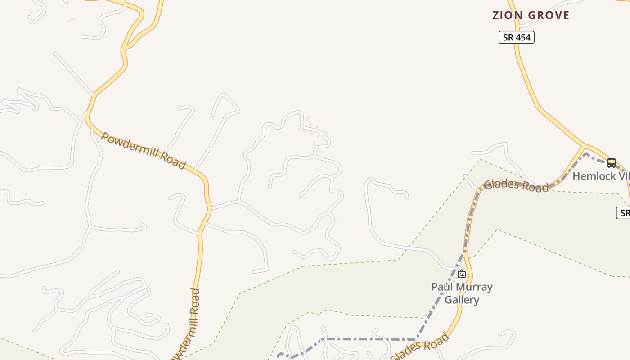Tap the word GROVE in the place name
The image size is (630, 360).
(x=549, y=15)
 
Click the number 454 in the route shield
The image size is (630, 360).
(x=523, y=37)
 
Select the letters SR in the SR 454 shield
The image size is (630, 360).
(x=508, y=37)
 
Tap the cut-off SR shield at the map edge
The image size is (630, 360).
(x=624, y=213)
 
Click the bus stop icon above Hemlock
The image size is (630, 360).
(x=611, y=162)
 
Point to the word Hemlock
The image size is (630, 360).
(x=591, y=176)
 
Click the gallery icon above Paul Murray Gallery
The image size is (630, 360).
(x=462, y=273)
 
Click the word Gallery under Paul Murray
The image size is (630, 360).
(x=462, y=300)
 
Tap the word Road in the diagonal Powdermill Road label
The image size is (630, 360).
(x=173, y=161)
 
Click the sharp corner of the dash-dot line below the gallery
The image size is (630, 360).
(x=415, y=340)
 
